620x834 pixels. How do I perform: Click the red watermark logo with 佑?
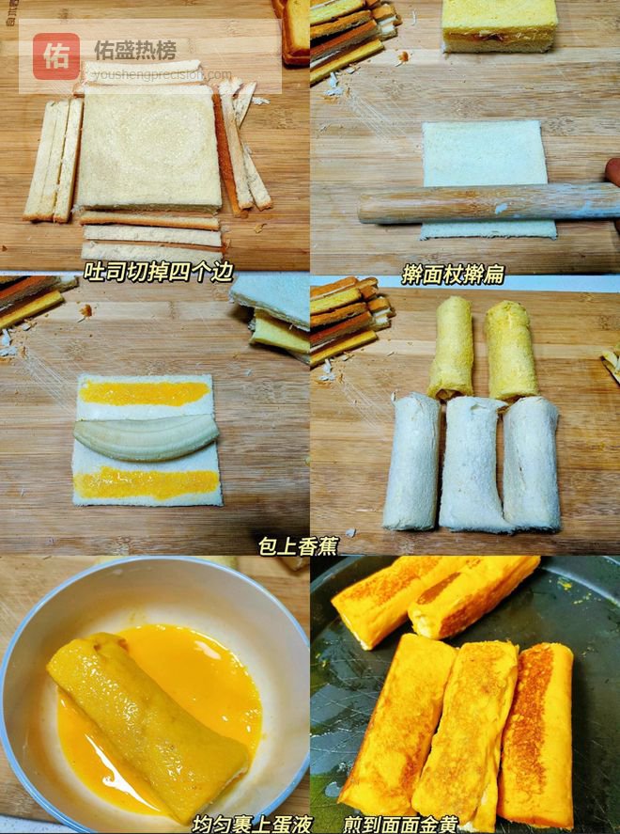(56, 55)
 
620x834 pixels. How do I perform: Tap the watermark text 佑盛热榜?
(135, 51)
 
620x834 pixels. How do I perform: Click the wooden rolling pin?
(488, 203)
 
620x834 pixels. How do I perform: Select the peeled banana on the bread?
(147, 437)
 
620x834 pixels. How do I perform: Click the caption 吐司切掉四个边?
(159, 272)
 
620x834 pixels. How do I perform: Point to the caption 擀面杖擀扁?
(452, 275)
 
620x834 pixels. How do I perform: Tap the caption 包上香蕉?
(298, 545)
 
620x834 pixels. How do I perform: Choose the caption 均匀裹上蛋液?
(252, 824)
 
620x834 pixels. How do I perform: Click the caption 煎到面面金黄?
(400, 824)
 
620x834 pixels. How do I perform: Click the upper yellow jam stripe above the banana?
(144, 393)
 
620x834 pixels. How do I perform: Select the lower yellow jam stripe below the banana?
(147, 483)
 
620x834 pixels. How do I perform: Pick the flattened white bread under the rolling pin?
(488, 180)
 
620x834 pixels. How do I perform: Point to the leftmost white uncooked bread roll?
(412, 461)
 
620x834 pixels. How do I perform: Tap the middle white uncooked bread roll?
(472, 464)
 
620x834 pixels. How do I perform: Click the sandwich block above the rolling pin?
(500, 25)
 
